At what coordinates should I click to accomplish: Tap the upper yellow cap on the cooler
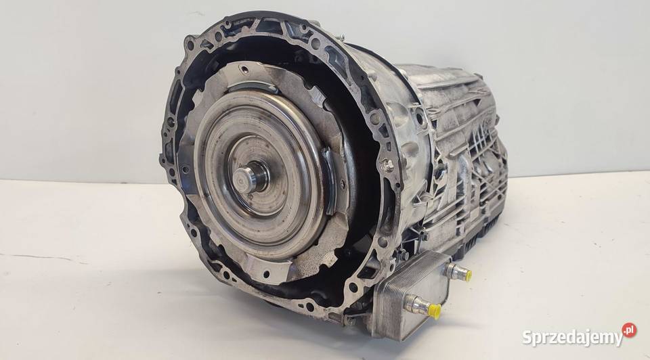(468, 274)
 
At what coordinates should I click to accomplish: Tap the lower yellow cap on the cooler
(435, 311)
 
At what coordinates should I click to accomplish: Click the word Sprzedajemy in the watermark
(573, 338)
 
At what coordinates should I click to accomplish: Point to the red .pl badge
(629, 330)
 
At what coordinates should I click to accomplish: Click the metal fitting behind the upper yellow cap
(454, 271)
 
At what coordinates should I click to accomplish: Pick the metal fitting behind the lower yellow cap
(417, 306)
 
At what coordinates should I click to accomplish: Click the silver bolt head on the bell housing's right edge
(387, 164)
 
